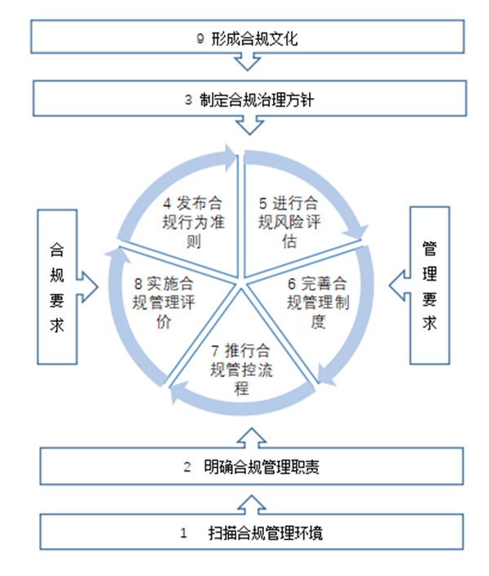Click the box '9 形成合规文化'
244,38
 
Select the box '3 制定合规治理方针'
244,100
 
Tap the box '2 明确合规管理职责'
244,468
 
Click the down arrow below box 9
244,64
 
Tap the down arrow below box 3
244,126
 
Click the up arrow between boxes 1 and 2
244,498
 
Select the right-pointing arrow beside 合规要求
89,286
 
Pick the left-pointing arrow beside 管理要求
397,286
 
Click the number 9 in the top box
200,38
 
